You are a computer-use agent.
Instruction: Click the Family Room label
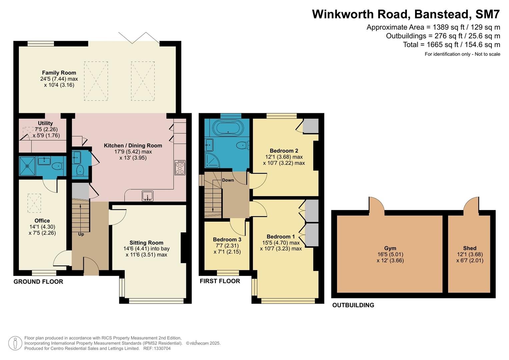tap(59, 73)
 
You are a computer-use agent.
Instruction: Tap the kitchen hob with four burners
tap(180, 167)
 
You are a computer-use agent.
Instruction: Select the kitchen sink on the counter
tap(147, 196)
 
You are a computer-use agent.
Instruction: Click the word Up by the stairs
tap(81, 234)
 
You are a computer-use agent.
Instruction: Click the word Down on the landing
tap(228, 180)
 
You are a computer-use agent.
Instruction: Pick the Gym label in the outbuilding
tap(390, 248)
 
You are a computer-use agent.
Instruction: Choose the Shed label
tap(470, 248)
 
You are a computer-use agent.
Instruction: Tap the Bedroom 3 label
tap(227, 240)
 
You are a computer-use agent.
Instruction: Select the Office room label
tap(42, 221)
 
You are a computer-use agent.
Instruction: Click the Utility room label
tap(45, 123)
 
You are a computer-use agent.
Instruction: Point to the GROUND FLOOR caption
tap(38, 282)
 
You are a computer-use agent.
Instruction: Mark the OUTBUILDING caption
tap(353, 305)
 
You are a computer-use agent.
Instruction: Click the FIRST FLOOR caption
tap(220, 281)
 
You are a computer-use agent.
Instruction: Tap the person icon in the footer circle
tap(15, 343)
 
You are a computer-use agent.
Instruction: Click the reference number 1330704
tap(162, 348)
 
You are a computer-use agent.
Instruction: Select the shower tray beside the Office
tap(27, 166)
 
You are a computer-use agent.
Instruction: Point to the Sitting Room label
tap(146, 243)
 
